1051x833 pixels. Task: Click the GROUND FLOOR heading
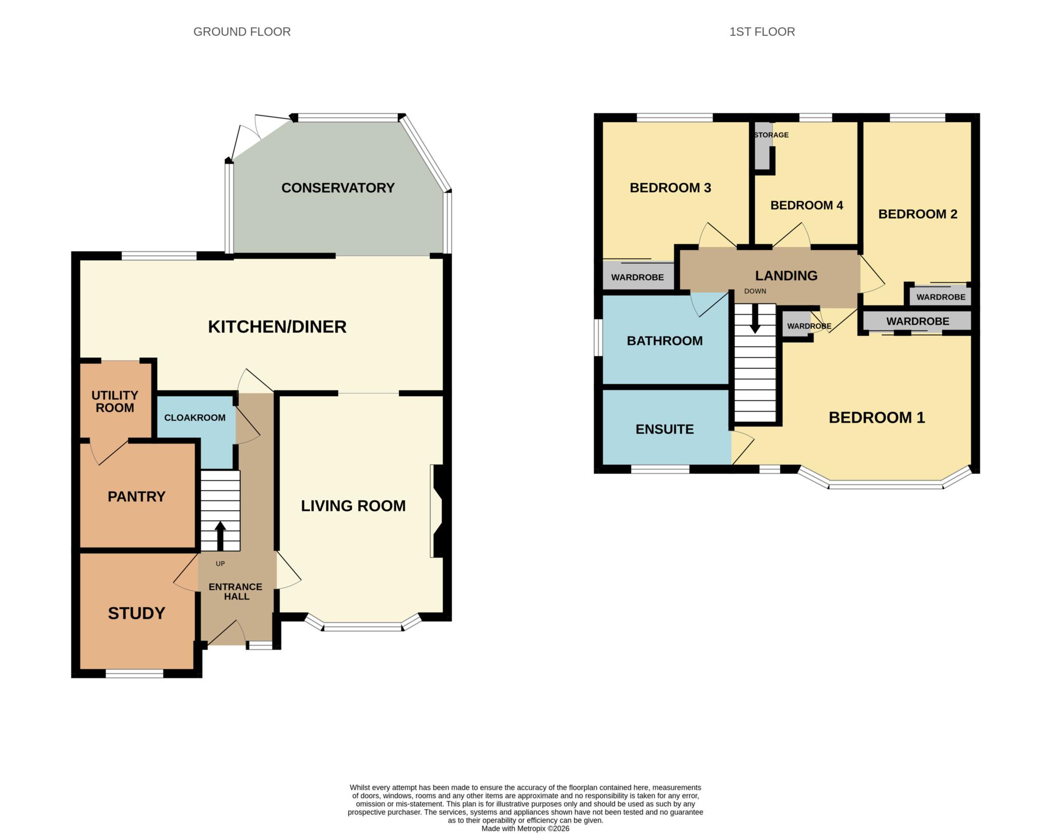pyautogui.click(x=242, y=32)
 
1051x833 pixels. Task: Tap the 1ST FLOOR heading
pyautogui.click(x=762, y=32)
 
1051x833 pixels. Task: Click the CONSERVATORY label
pyautogui.click(x=338, y=188)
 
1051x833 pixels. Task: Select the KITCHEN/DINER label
pyautogui.click(x=277, y=327)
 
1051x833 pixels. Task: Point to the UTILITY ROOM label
pyautogui.click(x=115, y=401)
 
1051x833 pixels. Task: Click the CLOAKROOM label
pyautogui.click(x=195, y=418)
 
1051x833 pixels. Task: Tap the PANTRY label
pyautogui.click(x=137, y=496)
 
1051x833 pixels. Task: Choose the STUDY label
pyautogui.click(x=137, y=613)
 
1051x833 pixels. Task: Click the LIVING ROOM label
pyautogui.click(x=353, y=506)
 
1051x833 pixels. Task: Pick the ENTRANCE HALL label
pyautogui.click(x=236, y=591)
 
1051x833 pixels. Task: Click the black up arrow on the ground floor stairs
pyautogui.click(x=220, y=536)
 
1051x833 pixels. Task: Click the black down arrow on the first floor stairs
pyautogui.click(x=755, y=318)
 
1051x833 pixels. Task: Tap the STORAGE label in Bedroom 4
pyautogui.click(x=771, y=135)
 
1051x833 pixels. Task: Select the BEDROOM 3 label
pyautogui.click(x=670, y=188)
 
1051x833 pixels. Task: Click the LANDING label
pyautogui.click(x=786, y=276)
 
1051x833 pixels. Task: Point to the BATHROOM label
pyautogui.click(x=665, y=341)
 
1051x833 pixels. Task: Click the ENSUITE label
pyautogui.click(x=665, y=429)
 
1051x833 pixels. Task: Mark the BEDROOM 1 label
pyautogui.click(x=877, y=418)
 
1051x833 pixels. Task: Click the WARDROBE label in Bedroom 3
pyautogui.click(x=637, y=277)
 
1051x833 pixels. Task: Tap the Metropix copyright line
pyautogui.click(x=525, y=828)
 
